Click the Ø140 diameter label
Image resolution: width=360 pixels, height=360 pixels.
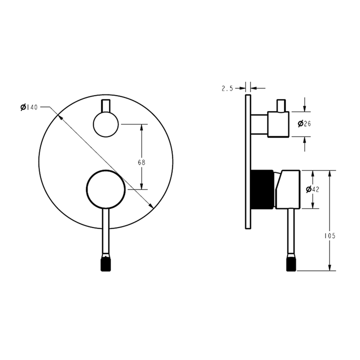29,107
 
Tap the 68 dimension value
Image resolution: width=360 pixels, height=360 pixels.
141,162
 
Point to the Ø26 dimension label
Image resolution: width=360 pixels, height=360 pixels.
304,124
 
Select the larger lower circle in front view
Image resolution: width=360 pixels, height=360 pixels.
105,188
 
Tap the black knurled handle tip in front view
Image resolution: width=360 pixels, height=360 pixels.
105,263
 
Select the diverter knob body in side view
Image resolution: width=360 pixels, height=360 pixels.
278,124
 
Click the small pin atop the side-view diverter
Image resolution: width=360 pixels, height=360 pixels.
281,105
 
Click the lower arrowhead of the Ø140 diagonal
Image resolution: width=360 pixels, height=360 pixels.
150,205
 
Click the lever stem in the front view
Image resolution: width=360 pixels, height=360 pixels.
105,230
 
